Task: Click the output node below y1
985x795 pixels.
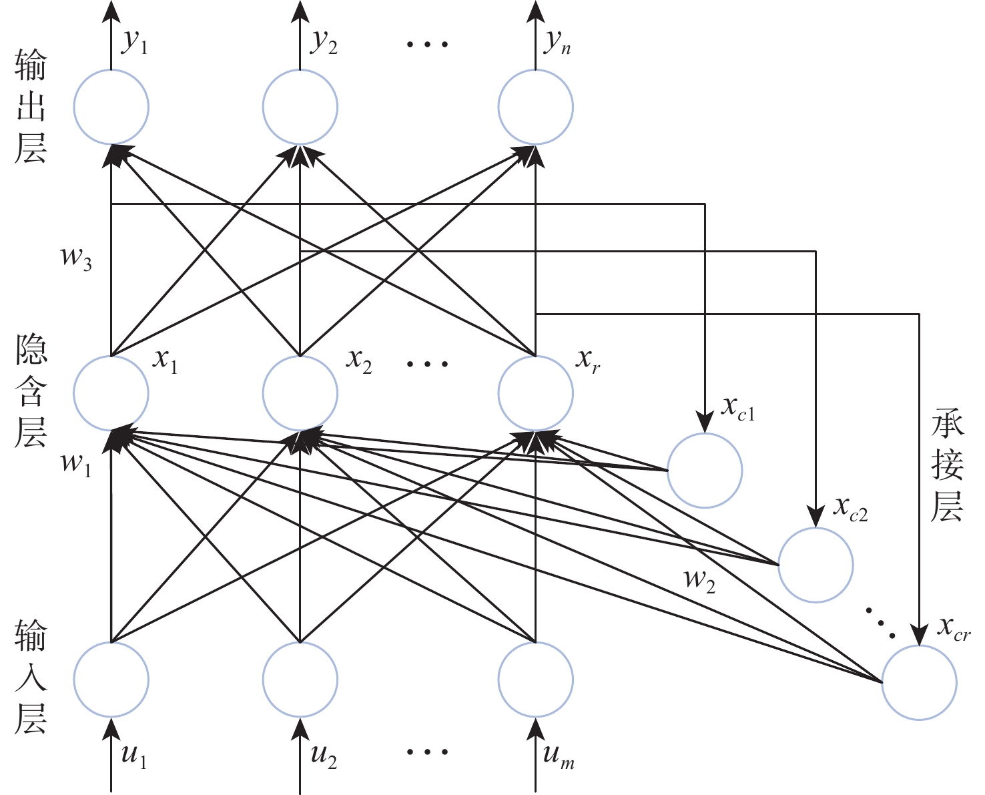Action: click(x=111, y=107)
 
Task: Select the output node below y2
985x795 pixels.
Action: click(x=300, y=107)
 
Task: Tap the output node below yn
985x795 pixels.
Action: click(x=535, y=107)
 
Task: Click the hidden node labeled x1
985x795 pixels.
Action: click(x=111, y=393)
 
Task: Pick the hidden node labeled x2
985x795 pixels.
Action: click(x=300, y=393)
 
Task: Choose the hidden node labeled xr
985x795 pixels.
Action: click(x=535, y=393)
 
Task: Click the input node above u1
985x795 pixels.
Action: click(x=111, y=680)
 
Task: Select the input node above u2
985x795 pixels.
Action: click(x=300, y=680)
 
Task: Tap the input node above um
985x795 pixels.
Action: click(x=535, y=680)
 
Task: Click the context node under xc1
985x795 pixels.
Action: click(x=705, y=471)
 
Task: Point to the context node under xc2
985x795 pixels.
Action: click(x=815, y=565)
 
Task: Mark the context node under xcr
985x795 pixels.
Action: click(x=919, y=683)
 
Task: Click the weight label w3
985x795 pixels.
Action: click(x=76, y=258)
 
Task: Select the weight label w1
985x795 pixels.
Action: click(x=76, y=463)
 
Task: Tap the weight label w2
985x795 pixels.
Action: click(x=699, y=579)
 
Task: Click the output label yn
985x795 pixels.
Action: click(x=558, y=43)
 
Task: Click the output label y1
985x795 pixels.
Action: click(x=134, y=43)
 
